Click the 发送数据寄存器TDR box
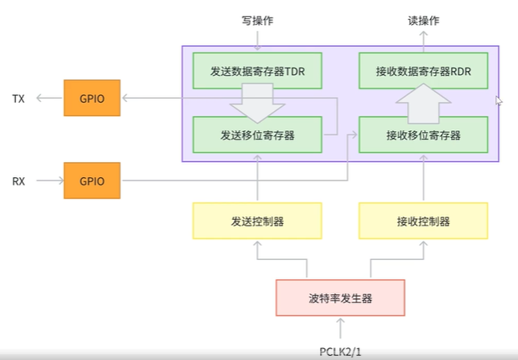[257, 71]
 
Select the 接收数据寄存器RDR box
[423, 71]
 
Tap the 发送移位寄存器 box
[257, 134]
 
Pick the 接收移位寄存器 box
[423, 134]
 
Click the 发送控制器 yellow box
[257, 221]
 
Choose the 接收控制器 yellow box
[423, 221]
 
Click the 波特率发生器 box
[340, 297]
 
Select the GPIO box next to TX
[92, 99]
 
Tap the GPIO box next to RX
[92, 180]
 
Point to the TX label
[18, 99]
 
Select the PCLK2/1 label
[340, 349]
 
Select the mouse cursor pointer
[499, 100]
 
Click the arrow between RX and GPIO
[48, 180]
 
